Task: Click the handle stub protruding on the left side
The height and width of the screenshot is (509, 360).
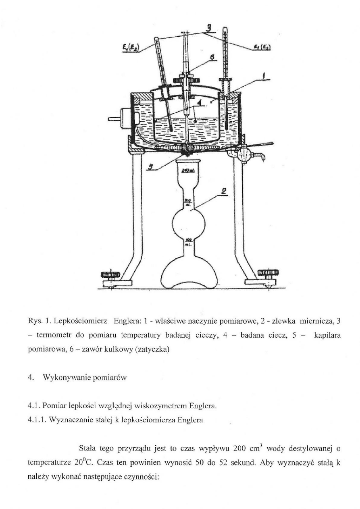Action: tap(113, 119)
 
